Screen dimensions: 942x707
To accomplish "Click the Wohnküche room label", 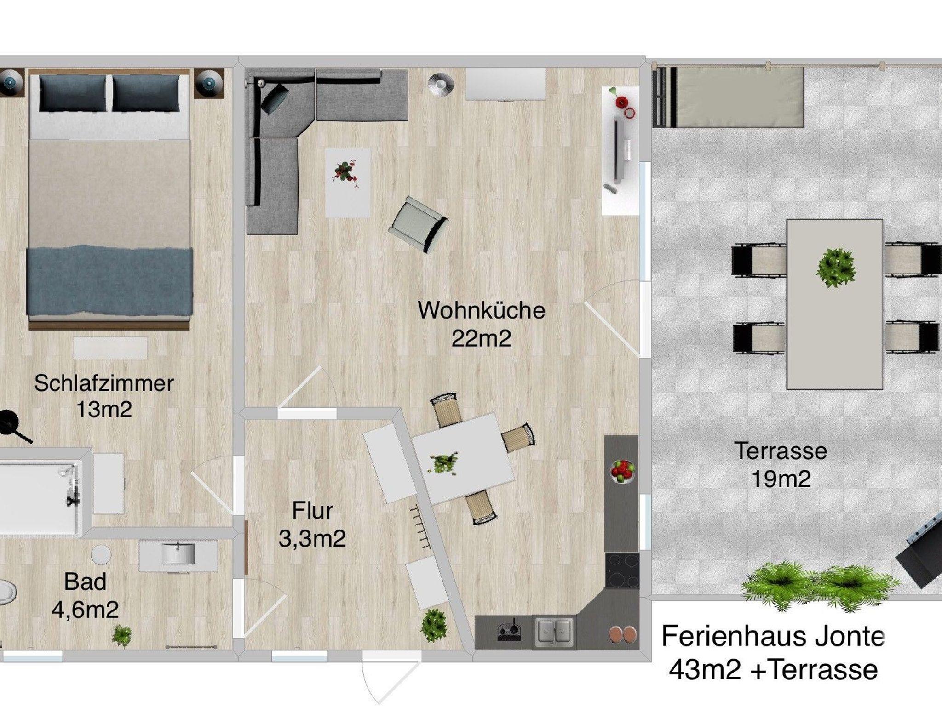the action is [481, 310].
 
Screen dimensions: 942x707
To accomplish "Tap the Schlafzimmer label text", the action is [104, 383].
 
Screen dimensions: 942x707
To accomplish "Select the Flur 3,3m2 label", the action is [312, 525].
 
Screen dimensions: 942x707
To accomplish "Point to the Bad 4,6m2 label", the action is [85, 595].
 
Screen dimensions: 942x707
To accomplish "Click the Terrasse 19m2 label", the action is [781, 465].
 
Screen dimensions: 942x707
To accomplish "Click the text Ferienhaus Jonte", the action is [773, 637].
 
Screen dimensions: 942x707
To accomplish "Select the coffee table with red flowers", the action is [347, 182].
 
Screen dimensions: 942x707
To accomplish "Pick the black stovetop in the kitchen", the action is [621, 570].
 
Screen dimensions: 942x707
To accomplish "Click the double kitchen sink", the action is [553, 632].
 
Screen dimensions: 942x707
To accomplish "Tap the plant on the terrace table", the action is [836, 268].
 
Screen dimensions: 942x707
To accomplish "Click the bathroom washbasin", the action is [178, 553].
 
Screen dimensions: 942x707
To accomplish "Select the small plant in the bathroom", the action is [122, 636].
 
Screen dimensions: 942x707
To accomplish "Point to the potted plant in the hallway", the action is [434, 623].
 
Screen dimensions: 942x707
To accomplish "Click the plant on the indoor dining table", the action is [443, 463].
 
